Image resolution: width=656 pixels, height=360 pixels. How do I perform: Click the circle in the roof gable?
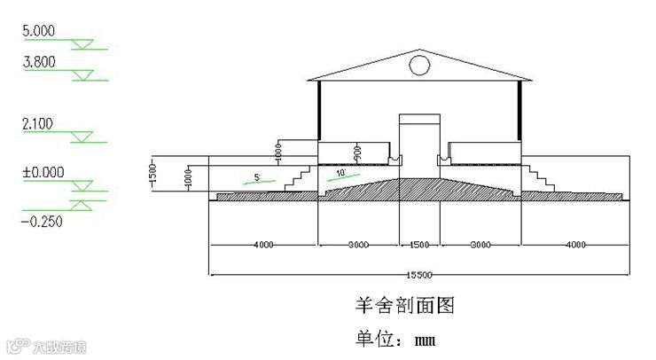[x=419, y=64]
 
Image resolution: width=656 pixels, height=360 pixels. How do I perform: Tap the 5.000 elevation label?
[x=39, y=31]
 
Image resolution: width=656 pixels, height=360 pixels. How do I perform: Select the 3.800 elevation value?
[x=39, y=62]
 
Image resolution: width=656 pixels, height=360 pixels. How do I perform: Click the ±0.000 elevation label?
[x=42, y=172]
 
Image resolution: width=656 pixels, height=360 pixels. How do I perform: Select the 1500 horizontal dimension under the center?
[x=419, y=244]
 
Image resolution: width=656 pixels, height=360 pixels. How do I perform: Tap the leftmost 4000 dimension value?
[x=263, y=244]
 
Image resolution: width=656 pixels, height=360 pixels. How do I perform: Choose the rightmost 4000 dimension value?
[x=574, y=244]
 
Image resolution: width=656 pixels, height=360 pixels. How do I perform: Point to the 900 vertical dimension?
[x=358, y=154]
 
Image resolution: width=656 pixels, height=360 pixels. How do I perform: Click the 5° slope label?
[x=257, y=177]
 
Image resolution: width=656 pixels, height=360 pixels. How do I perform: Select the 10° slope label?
[x=341, y=172]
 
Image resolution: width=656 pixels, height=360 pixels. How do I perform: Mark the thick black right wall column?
[x=520, y=110]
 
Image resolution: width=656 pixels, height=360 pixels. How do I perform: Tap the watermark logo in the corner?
[x=18, y=345]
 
